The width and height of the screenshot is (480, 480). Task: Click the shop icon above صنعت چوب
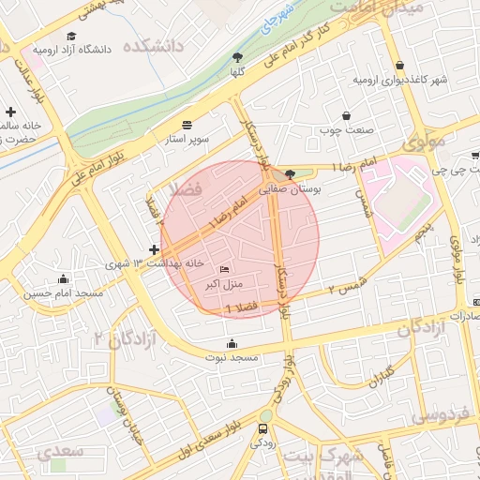coord(347,115)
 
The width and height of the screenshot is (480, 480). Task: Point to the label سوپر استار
coord(188,140)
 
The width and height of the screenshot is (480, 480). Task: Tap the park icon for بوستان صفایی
coord(290,173)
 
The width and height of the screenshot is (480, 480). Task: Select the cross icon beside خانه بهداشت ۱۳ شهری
coord(154,249)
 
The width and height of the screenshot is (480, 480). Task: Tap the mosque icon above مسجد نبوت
coord(232,342)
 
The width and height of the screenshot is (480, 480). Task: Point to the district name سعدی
coord(61,451)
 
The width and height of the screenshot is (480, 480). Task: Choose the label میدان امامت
coord(380,7)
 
